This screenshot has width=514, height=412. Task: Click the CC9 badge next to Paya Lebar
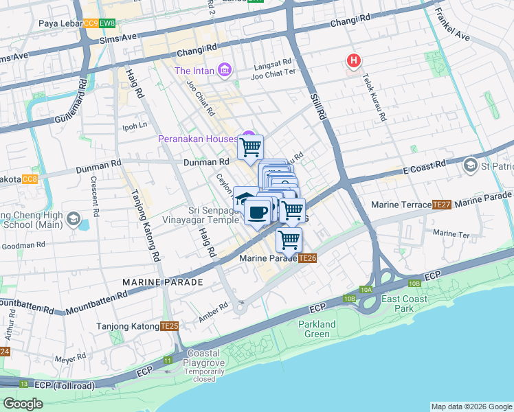pos(91,23)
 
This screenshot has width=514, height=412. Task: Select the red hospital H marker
pos(353,61)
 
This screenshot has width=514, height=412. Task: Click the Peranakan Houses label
pos(198,139)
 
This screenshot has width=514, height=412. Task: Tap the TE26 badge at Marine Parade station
pos(307,258)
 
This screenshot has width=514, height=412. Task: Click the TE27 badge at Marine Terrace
pos(441,205)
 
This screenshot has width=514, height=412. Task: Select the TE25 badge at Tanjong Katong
pos(169,326)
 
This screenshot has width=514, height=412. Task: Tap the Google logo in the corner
pos(23,404)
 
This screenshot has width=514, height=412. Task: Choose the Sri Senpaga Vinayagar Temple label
pos(213,215)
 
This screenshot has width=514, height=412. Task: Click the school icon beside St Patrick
pos(471,165)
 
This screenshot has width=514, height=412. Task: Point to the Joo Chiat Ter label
pos(273,76)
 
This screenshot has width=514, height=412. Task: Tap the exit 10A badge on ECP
pos(366,290)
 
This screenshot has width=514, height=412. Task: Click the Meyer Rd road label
pos(71,358)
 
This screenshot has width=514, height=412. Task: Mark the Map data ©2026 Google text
pos(471,407)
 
